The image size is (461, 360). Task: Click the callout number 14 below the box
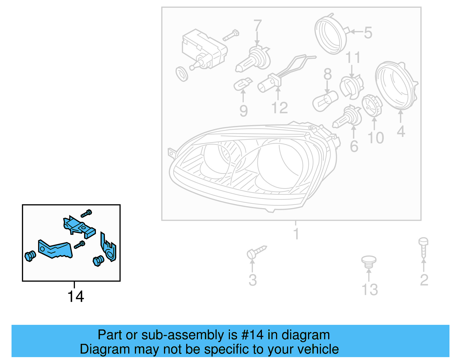(75, 296)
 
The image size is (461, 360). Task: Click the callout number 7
(257, 26)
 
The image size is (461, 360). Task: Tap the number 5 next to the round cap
(368, 33)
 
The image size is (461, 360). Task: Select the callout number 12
(279, 108)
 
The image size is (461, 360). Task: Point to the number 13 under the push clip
(370, 290)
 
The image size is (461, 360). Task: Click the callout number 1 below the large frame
(296, 233)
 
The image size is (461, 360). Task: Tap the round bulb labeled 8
(325, 101)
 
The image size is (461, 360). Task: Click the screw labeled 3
(256, 252)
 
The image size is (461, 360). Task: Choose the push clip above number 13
(369, 261)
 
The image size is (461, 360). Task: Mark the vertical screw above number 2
(423, 247)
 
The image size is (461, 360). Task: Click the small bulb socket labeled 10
(372, 105)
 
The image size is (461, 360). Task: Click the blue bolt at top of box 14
(86, 214)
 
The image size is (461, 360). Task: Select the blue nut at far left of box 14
(30, 256)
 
